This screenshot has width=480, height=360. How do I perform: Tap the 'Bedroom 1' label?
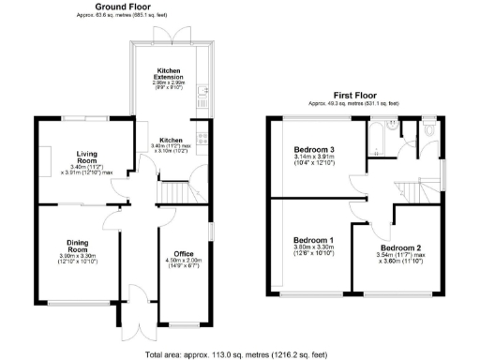pyautogui.click(x=310, y=239)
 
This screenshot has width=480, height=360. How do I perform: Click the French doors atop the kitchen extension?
pyautogui.click(x=170, y=33)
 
